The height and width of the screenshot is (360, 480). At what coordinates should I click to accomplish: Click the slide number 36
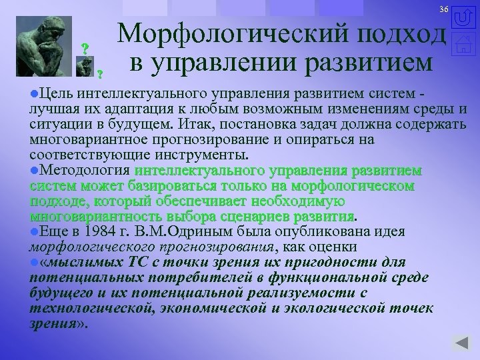(x=443, y=8)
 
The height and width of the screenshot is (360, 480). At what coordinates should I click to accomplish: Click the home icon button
(x=465, y=45)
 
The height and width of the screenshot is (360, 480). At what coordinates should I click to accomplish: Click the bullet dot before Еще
(x=34, y=231)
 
